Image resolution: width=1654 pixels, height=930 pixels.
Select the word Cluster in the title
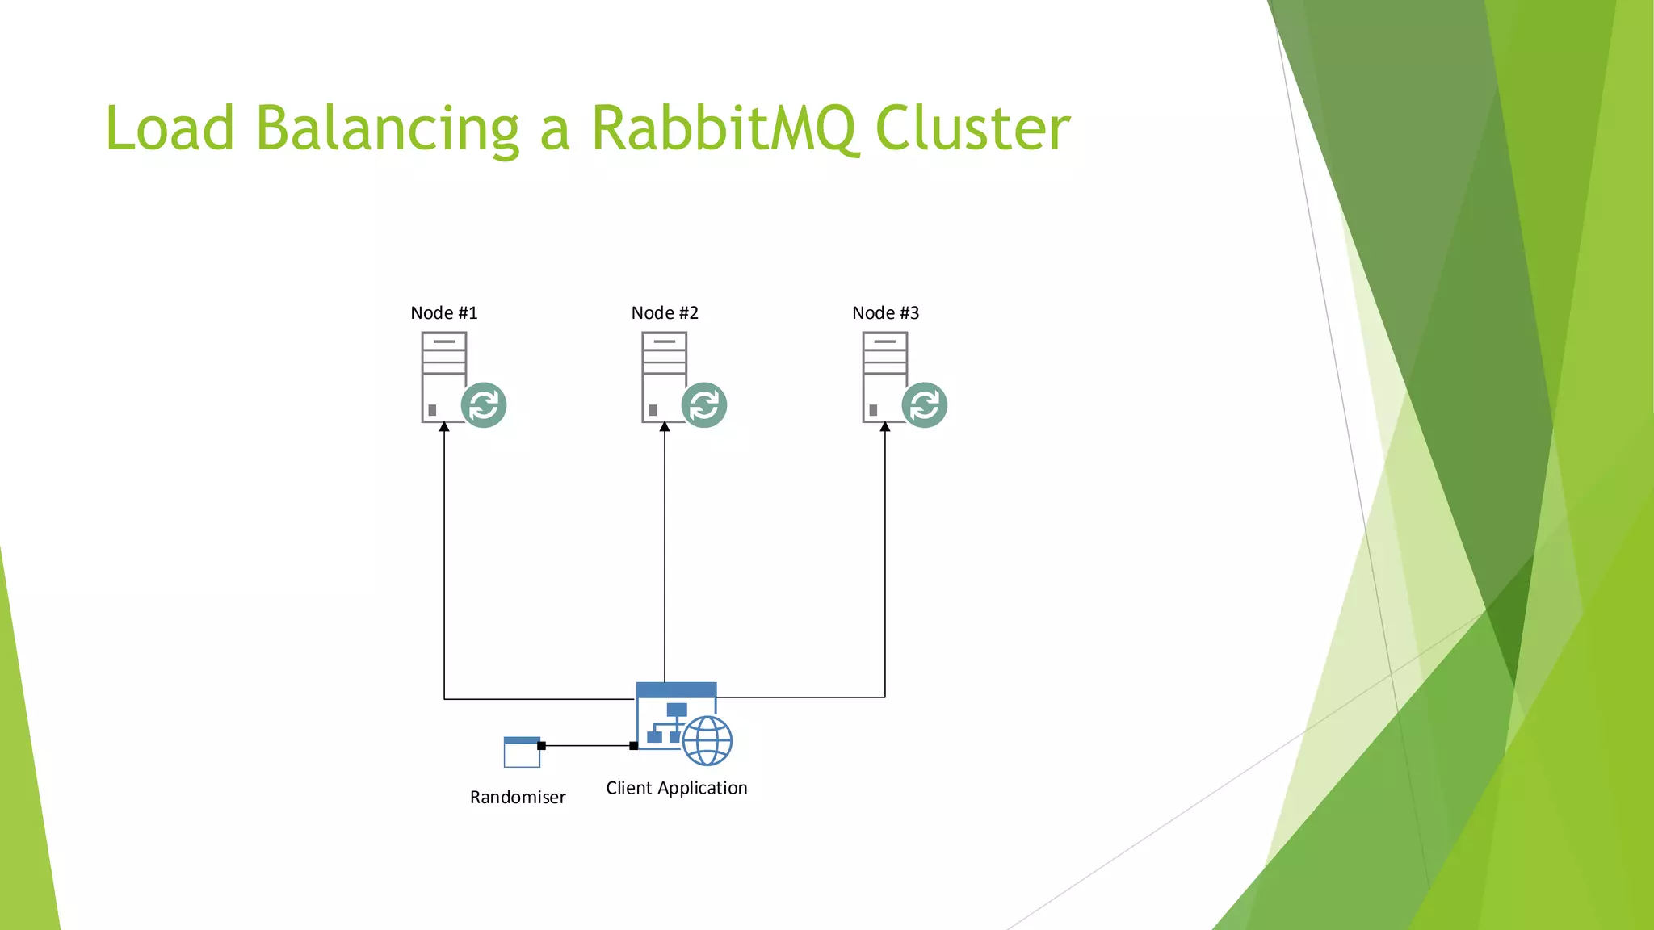tap(972, 129)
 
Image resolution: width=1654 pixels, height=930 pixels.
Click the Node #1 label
tap(444, 313)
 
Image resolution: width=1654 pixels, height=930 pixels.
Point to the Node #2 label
tap(665, 313)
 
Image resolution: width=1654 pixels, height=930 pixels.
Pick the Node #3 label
tap(886, 313)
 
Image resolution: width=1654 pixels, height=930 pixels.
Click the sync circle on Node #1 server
tap(484, 405)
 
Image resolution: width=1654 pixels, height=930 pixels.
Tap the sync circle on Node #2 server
tap(704, 405)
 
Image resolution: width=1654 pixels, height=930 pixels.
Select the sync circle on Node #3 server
tap(925, 405)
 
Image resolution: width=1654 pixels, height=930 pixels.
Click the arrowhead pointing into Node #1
tap(444, 427)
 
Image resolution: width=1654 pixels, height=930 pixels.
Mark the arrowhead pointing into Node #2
tap(665, 427)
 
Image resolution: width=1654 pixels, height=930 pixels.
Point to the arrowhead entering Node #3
tap(885, 427)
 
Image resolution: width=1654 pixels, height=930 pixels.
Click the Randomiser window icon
tap(522, 752)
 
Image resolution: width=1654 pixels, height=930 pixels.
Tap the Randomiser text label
tap(518, 798)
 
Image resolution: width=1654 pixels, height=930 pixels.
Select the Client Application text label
tap(677, 788)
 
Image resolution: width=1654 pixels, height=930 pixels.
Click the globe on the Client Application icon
tap(707, 740)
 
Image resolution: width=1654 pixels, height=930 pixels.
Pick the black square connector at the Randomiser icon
tap(541, 746)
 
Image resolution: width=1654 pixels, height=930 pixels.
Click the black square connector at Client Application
tap(634, 746)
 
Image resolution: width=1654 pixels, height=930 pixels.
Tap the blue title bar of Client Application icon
tap(677, 690)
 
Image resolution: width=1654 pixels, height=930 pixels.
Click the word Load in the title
tap(170, 129)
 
